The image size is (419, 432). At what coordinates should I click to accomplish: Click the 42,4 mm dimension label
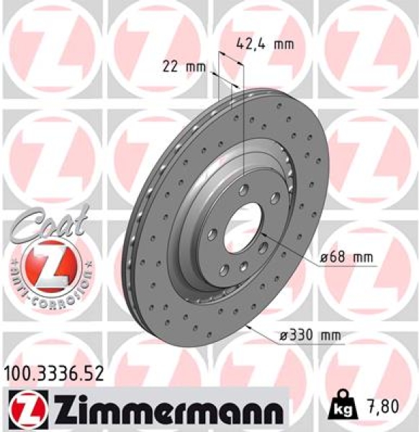[x=266, y=44]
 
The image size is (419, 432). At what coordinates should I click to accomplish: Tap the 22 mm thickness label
[x=181, y=68]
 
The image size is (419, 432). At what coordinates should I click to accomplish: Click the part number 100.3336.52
[x=55, y=372]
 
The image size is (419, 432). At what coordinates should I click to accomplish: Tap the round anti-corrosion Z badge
[x=48, y=264]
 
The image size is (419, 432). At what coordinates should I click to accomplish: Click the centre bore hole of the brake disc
[x=244, y=230]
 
